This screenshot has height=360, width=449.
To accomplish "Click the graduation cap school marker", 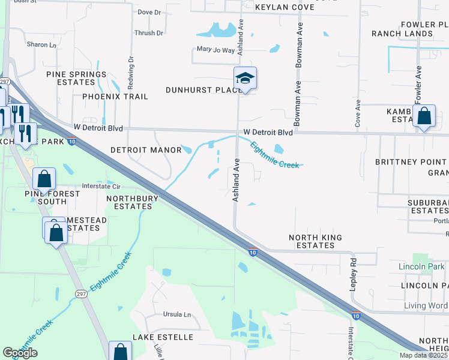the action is pos(245,79).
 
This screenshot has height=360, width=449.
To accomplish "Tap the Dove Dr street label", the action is pos(149,12).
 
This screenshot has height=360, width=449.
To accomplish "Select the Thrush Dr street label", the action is pos(149,34).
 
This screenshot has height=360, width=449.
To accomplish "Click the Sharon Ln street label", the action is pos(41,45).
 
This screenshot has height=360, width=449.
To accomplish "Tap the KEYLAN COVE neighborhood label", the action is pos(285,7).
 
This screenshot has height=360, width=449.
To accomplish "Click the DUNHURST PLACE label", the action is pos(203,90).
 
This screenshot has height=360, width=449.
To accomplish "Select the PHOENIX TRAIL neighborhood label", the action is pos(115,97).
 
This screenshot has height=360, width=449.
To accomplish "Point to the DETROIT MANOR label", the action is pos(146,150).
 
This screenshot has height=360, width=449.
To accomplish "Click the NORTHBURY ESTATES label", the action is pos(133,202).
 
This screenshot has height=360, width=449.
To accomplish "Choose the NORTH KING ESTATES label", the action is pos(315,242).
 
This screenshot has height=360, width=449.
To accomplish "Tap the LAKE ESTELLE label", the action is pos(163,337).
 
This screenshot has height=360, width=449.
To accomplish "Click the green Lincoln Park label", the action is pos(421,266).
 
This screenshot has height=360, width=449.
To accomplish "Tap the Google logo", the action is pos(20,353).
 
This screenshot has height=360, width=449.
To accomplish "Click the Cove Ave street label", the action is pos(358,112).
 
